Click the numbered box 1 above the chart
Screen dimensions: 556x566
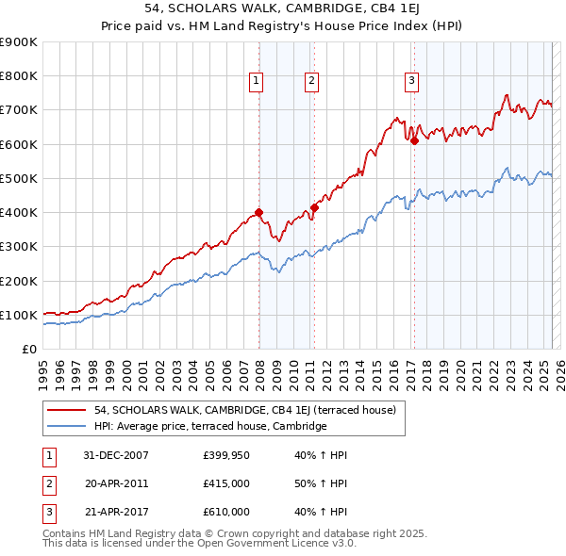point(256,82)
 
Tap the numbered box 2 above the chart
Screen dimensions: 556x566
point(310,82)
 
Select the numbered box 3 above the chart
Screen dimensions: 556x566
point(412,82)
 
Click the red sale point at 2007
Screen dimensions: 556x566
point(259,213)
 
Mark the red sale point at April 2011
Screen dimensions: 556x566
point(314,207)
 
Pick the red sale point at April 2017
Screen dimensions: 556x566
point(414,140)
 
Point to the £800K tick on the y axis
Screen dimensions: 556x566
point(19,76)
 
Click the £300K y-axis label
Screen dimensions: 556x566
point(19,247)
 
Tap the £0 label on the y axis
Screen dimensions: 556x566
point(29,350)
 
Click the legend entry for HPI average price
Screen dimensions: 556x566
point(209,426)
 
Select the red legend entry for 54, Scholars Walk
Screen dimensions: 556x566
point(250,410)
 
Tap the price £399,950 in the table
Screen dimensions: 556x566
point(225,455)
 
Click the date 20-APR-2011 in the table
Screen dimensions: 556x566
point(116,483)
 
